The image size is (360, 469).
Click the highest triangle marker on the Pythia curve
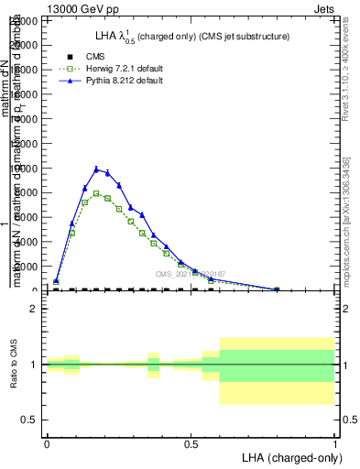(x=96, y=169)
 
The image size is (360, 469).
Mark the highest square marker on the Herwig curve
(x=96, y=193)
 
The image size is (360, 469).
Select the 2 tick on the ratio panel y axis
(x=33, y=310)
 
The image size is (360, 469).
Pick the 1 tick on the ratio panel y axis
(x=33, y=365)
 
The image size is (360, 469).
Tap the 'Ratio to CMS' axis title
(x=13, y=365)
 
